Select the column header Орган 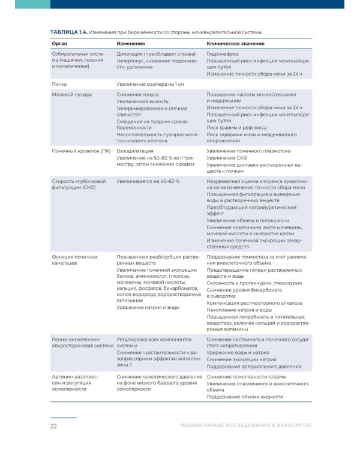click(x=59, y=44)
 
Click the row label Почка click(x=59, y=85)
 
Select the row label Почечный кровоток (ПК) click(x=81, y=151)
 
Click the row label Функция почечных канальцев click(x=74, y=260)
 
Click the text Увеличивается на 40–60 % click(x=148, y=180)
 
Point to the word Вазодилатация click(x=135, y=151)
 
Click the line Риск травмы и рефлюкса click(x=237, y=128)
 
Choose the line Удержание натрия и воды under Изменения click(x=148, y=307)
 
